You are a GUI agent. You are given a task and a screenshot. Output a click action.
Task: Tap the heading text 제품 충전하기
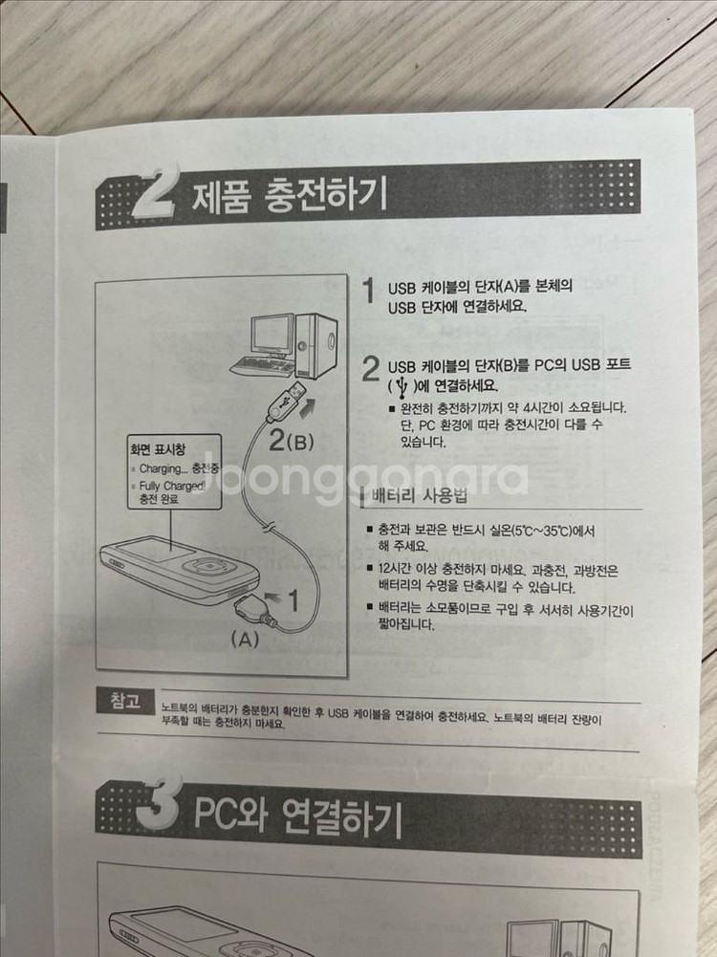(x=289, y=196)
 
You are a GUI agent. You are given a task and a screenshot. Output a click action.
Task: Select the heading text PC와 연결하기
(x=298, y=817)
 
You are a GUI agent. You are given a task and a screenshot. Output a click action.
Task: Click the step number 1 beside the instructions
(x=367, y=292)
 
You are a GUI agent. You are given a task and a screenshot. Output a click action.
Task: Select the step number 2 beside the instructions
(x=371, y=371)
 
